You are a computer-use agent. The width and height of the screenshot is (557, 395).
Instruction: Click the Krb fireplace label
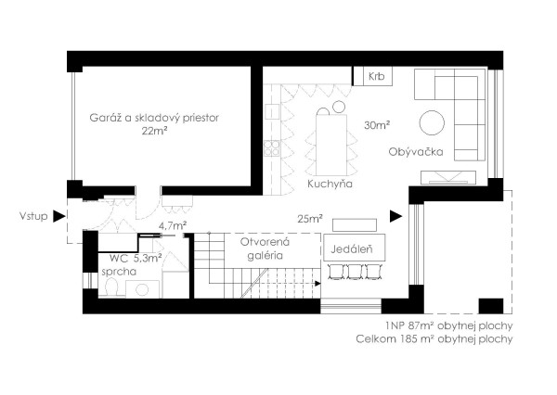tap(376, 76)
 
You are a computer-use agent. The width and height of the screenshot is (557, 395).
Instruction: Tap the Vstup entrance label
tap(33, 216)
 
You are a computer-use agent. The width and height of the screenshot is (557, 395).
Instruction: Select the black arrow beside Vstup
tap(59, 216)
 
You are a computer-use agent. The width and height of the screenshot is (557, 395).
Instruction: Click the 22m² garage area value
tap(154, 131)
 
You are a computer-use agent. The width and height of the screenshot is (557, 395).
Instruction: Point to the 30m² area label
tap(377, 125)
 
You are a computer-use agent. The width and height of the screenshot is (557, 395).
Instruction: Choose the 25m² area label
tap(310, 219)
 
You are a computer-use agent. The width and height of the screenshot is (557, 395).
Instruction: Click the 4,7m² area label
tap(173, 225)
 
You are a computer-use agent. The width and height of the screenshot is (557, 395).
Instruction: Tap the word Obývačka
tap(416, 151)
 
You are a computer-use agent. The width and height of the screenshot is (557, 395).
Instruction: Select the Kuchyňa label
tap(330, 184)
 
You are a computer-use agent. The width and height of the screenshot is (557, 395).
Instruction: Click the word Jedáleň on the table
tap(352, 248)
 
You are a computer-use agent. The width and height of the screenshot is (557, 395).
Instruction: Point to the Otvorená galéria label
tap(265, 248)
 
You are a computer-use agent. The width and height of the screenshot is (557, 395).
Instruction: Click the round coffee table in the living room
tap(432, 122)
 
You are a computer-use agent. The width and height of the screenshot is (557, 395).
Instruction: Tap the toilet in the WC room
tap(111, 287)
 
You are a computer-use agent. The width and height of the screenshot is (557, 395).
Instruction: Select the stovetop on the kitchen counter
tap(272, 148)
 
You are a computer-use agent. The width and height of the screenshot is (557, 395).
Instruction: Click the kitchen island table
tap(331, 144)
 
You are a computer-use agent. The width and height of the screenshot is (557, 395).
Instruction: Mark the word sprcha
tap(119, 272)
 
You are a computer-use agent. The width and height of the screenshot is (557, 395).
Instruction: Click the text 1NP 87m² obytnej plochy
tap(448, 325)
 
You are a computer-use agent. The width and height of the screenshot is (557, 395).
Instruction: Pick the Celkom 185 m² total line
tap(434, 339)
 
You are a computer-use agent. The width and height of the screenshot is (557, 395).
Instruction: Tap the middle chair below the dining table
tap(355, 272)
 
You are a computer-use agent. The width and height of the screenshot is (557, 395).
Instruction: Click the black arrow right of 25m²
tap(395, 216)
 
